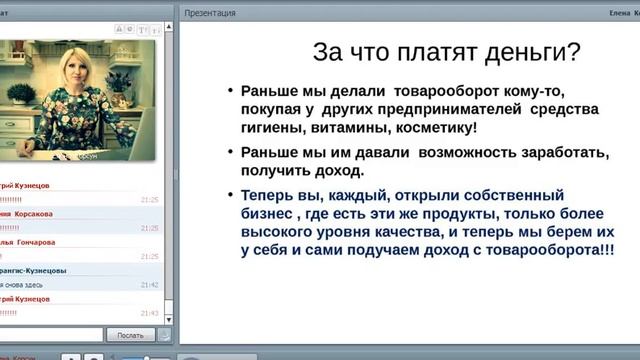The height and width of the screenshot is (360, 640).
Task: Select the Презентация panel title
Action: [210, 12]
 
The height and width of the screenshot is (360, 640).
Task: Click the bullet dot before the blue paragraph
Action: [231, 195]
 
